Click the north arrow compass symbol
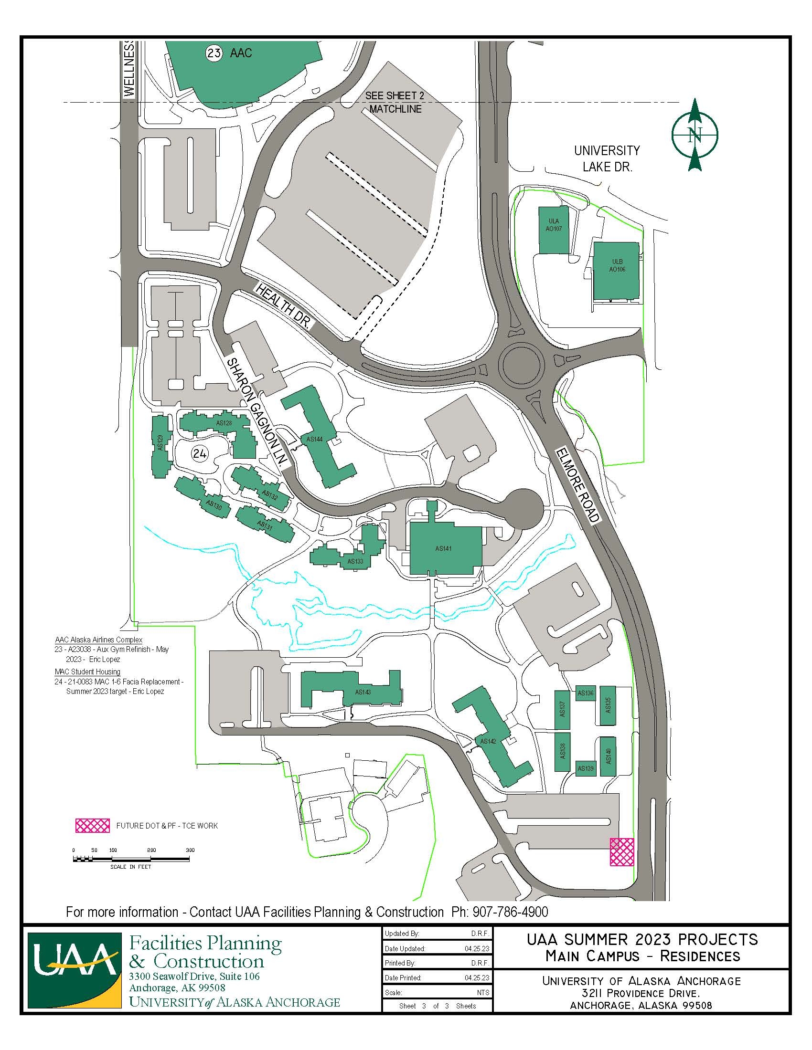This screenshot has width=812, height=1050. click(694, 135)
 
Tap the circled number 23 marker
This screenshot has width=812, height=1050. click(214, 52)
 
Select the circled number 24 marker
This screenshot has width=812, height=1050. click(199, 453)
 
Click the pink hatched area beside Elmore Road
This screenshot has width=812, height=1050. click(621, 851)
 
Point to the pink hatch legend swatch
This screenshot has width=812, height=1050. click(93, 826)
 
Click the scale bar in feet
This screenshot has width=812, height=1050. click(133, 858)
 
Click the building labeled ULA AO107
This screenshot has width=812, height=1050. click(553, 231)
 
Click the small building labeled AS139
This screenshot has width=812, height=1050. click(586, 768)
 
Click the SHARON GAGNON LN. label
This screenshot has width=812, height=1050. click(258, 411)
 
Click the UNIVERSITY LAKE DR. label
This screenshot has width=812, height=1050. click(607, 158)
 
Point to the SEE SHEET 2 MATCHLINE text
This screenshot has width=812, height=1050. click(395, 103)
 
